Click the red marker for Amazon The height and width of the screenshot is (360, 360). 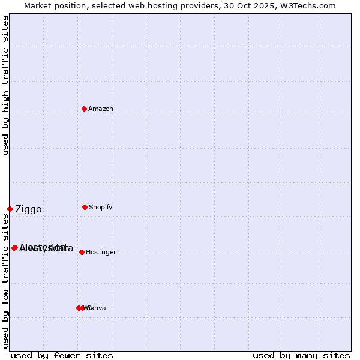pos(84,109)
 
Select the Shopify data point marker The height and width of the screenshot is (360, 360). pos(85,207)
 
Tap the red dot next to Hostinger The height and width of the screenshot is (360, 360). pos(82,252)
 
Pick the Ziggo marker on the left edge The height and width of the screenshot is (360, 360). pos(10,209)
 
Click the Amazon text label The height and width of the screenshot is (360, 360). pos(100,109)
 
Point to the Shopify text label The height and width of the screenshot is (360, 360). pos(100,207)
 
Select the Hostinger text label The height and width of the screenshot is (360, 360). pos(101,252)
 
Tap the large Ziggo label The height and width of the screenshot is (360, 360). pos(28,209)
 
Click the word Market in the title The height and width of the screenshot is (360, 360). pos(37,5)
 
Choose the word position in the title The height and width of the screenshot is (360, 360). pos(71,5)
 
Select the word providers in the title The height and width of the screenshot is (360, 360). pos(194,5)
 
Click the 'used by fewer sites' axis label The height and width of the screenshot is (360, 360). pos(62,355)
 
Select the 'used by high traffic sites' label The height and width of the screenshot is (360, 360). pos(5,85)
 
